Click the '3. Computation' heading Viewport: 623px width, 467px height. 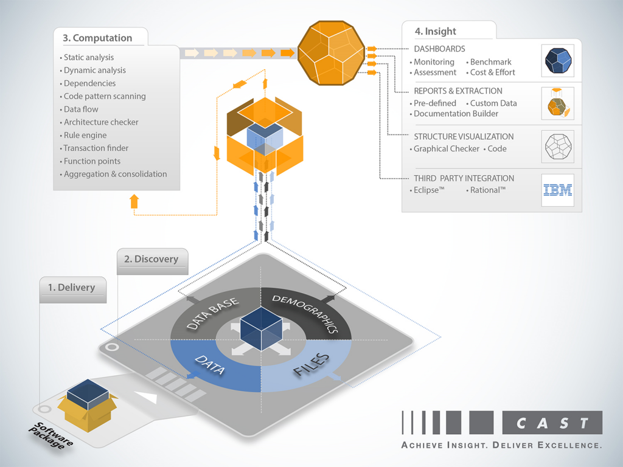[x=97, y=38]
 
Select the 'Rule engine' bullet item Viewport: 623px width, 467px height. [x=85, y=135]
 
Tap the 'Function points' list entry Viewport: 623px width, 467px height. [x=92, y=161]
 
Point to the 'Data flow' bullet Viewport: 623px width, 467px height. [x=81, y=109]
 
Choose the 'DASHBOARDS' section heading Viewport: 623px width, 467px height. [x=439, y=49]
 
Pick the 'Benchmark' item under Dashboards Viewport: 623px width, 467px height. [x=490, y=62]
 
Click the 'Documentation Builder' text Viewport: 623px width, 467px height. [x=456, y=114]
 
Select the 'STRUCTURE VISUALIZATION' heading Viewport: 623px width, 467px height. [x=464, y=137]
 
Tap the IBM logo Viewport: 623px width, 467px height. [x=557, y=190]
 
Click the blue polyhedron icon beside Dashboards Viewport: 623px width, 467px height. [x=557, y=60]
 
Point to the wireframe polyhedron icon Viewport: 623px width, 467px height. [x=557, y=147]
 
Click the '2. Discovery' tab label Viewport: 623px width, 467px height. [x=151, y=259]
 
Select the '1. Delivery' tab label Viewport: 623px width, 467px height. [x=72, y=287]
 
